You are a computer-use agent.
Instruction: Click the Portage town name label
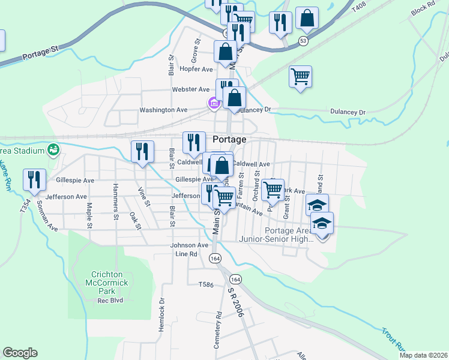click(x=229, y=139)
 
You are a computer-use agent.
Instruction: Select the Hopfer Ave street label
click(x=196, y=69)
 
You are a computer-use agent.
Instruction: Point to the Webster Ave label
click(x=191, y=89)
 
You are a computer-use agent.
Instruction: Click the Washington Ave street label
click(x=163, y=110)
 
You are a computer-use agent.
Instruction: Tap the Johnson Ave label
click(x=189, y=245)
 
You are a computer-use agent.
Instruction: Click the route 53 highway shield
click(x=304, y=40)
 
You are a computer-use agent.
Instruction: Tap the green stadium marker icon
click(x=53, y=149)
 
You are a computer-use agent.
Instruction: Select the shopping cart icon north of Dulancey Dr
click(x=300, y=77)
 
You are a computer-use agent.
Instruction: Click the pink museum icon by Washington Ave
click(x=212, y=104)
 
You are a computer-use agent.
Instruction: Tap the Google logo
click(x=20, y=353)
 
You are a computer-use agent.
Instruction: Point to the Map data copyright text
click(x=423, y=355)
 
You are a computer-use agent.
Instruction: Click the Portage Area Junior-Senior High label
click(x=285, y=235)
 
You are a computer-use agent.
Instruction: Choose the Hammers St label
click(x=114, y=198)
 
